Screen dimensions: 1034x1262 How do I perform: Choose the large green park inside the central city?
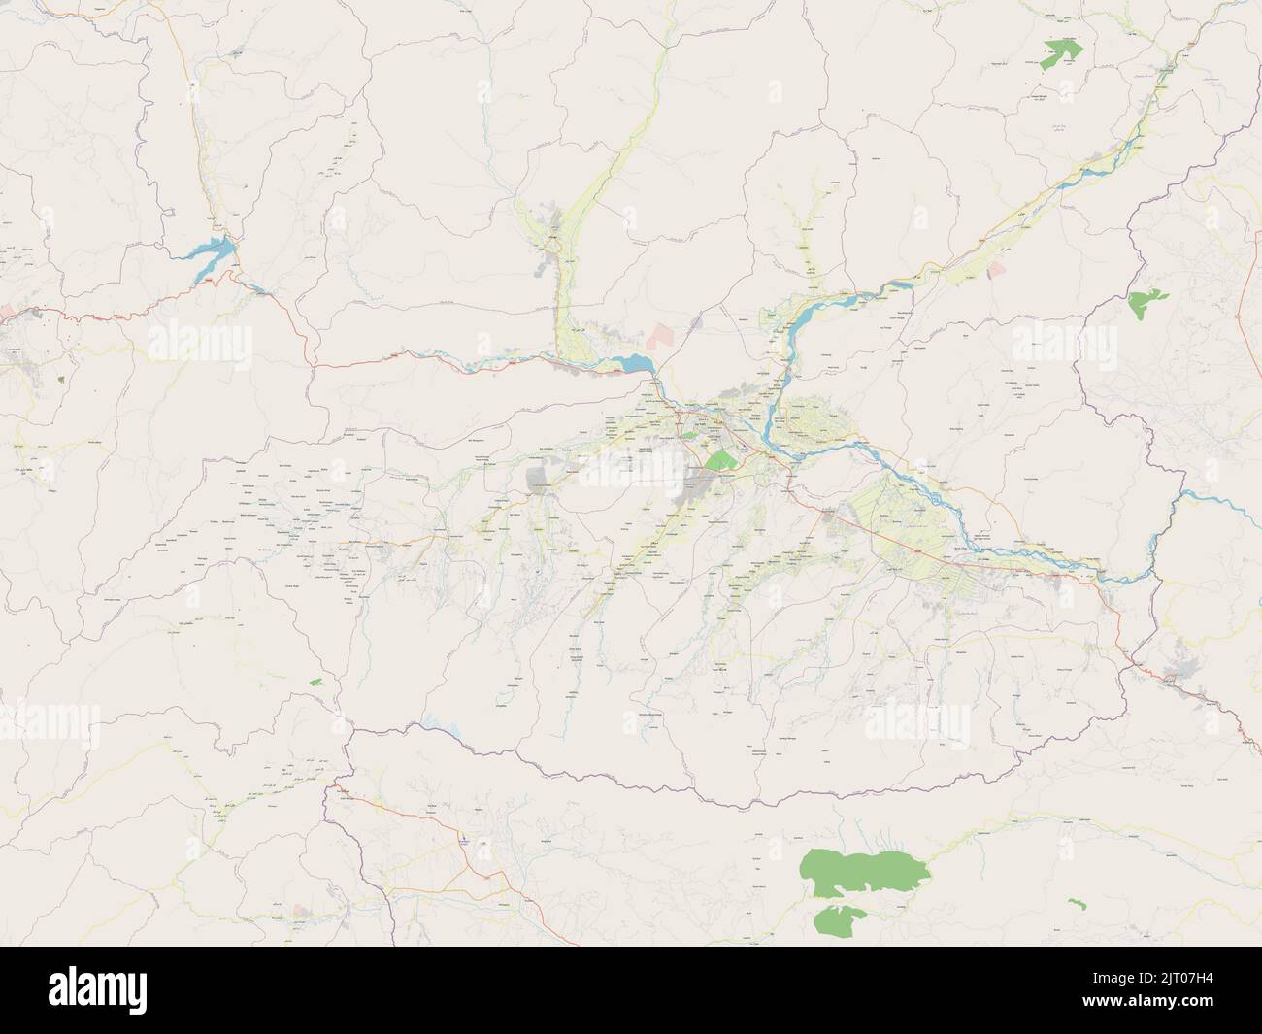click(720, 461)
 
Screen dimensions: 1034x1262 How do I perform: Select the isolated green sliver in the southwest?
click(315, 682)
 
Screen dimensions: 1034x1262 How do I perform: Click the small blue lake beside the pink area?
click(637, 364)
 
